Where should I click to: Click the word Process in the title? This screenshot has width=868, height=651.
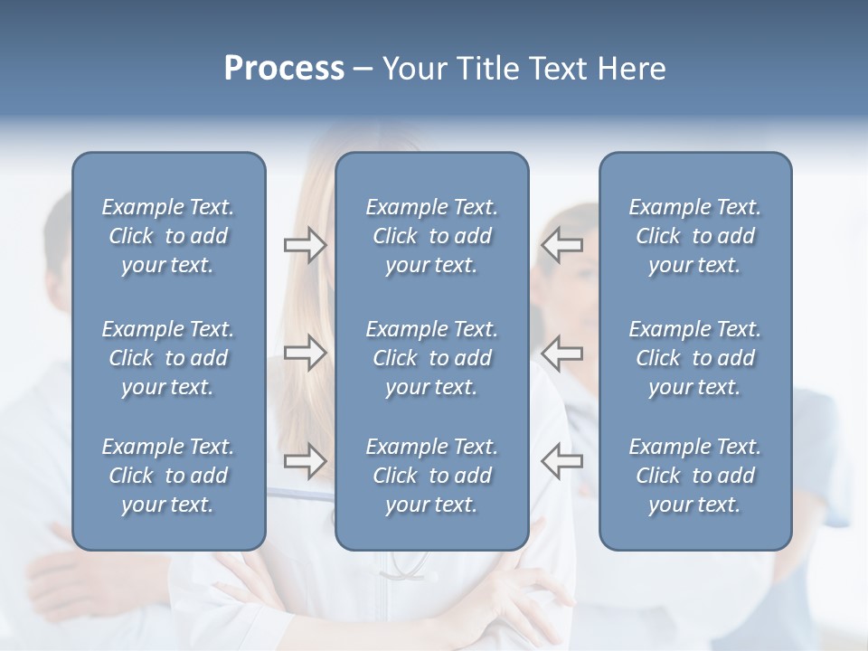click(284, 69)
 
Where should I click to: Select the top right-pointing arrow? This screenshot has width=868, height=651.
click(306, 245)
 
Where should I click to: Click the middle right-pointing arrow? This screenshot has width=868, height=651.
click(306, 353)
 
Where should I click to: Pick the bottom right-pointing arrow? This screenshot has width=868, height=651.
click(306, 461)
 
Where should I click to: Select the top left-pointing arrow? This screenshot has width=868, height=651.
click(562, 245)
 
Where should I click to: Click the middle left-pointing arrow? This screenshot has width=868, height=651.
click(562, 353)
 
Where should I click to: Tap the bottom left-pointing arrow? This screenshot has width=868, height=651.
click(562, 461)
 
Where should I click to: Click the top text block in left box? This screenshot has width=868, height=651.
click(168, 236)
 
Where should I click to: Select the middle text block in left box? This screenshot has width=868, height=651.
click(168, 358)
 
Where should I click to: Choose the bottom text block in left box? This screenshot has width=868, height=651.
click(168, 476)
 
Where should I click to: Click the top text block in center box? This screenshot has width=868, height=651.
click(431, 236)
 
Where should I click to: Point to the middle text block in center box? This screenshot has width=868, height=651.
click(431, 358)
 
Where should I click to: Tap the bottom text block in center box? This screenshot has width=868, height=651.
click(431, 476)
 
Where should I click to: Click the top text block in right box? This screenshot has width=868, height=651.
click(694, 236)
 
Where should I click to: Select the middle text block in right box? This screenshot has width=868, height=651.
click(694, 358)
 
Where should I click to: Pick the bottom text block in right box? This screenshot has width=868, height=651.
click(694, 476)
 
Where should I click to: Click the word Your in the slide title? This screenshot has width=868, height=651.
click(412, 69)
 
